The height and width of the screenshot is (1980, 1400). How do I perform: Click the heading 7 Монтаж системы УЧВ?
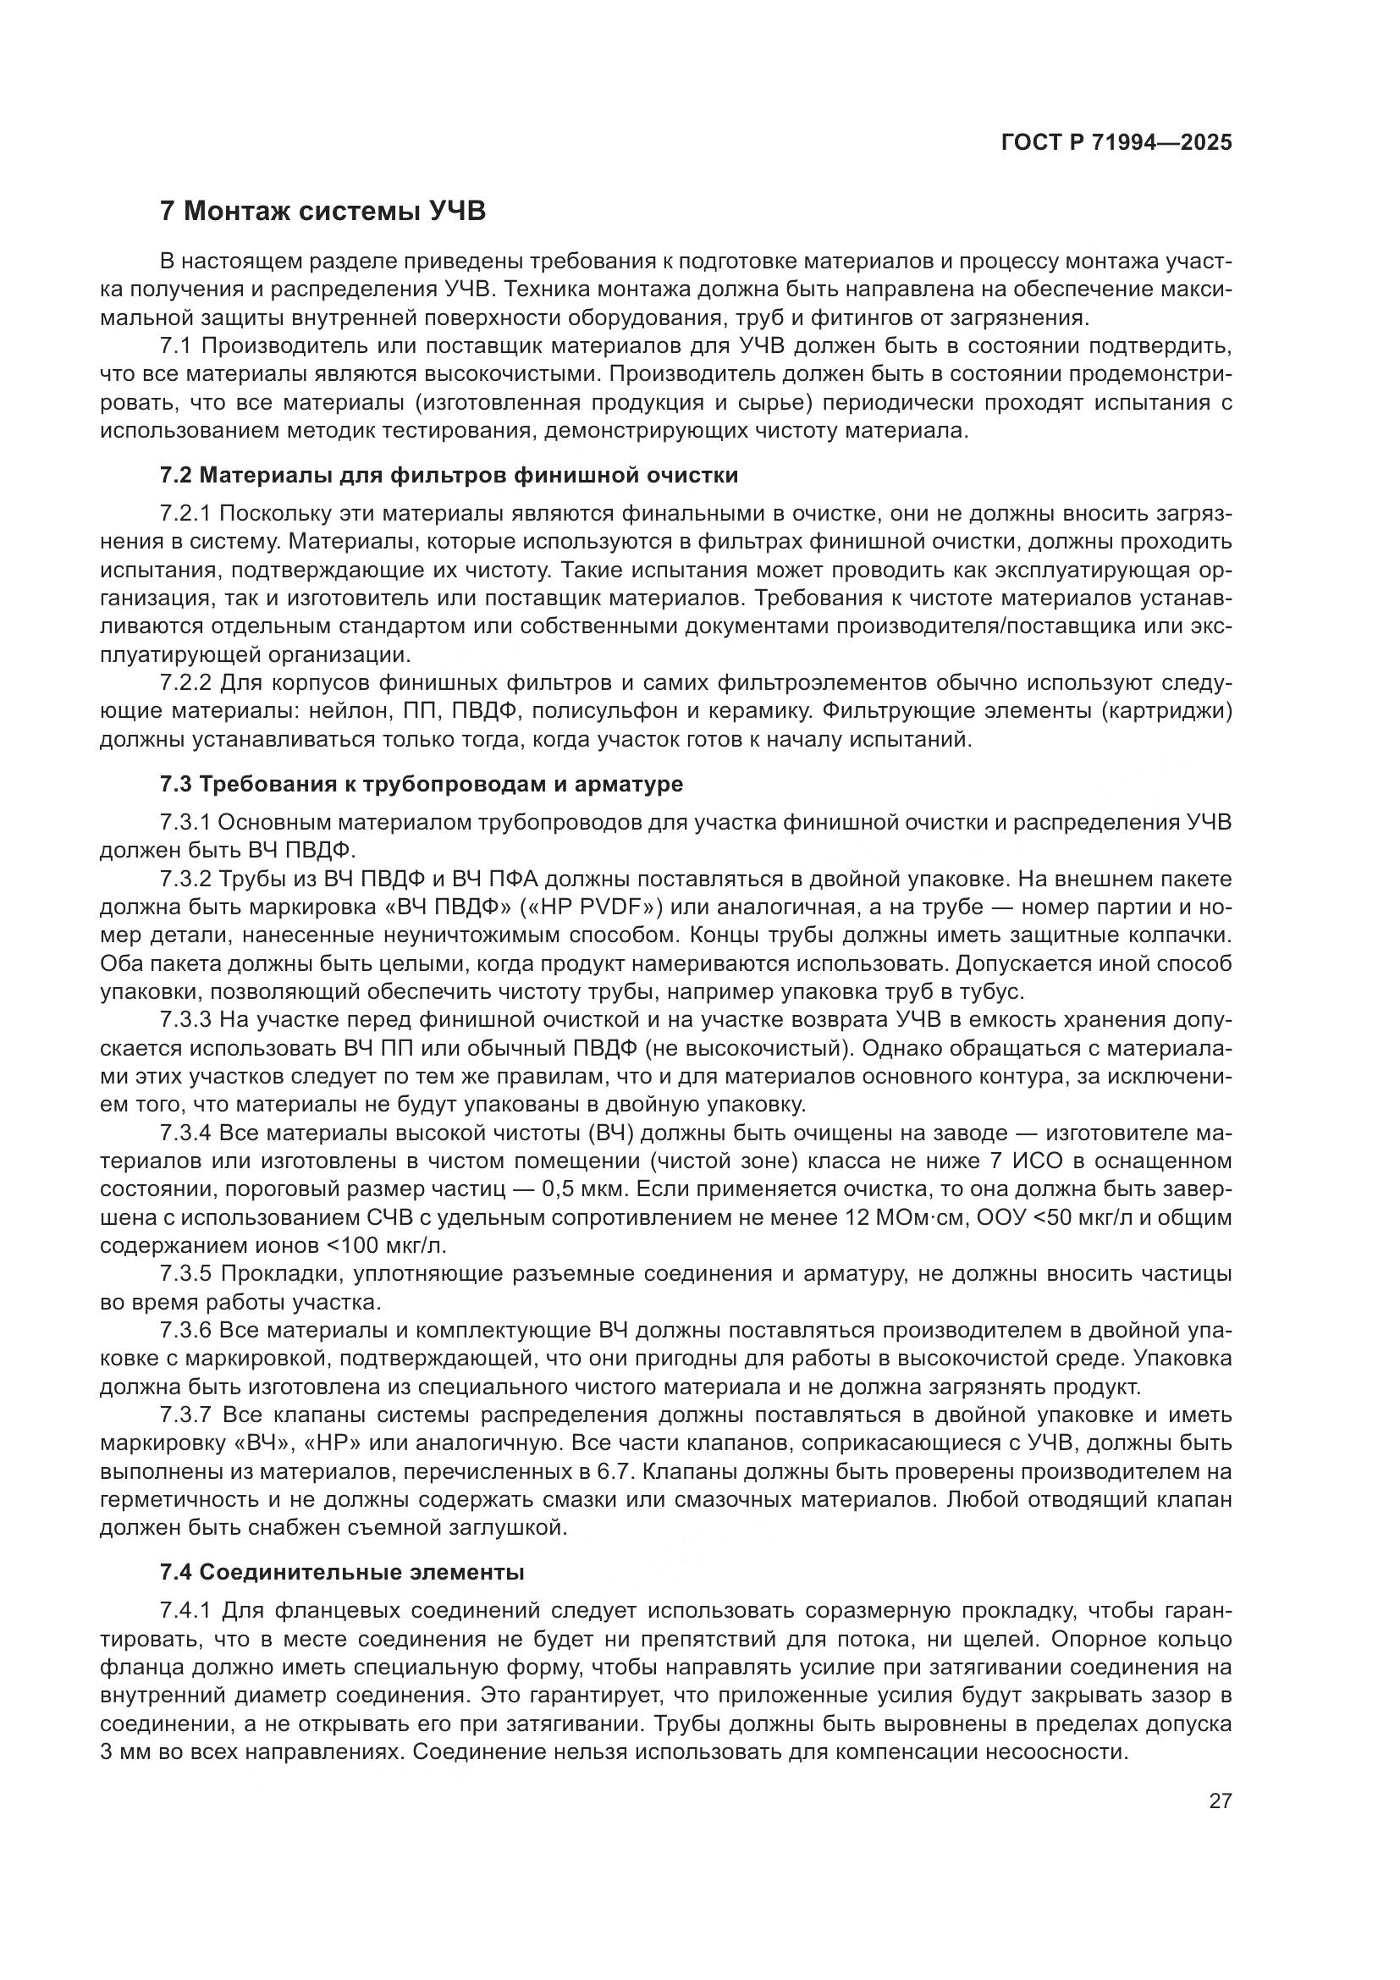pos(323,211)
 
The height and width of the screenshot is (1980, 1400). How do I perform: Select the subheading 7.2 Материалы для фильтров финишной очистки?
pos(449,475)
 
